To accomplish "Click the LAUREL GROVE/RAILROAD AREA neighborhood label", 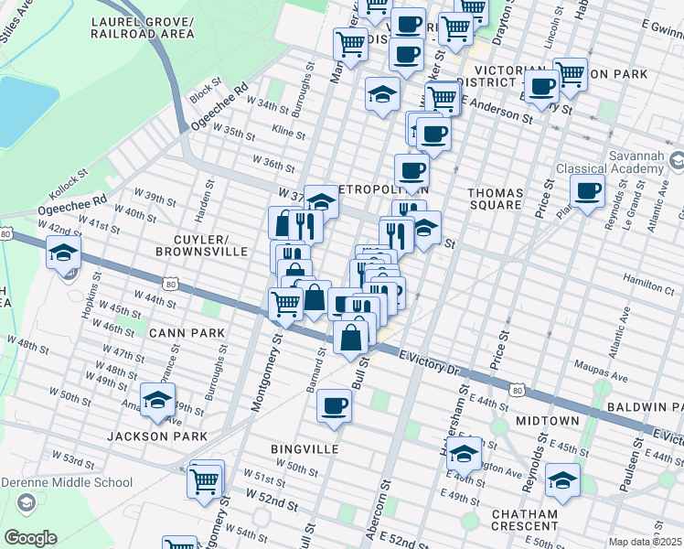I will point(143,27).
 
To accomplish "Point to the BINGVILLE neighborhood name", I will point(305,449).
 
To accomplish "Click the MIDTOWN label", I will point(547,420).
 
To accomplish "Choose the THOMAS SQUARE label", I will point(495,199).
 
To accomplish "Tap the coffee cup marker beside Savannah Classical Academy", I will point(588,191).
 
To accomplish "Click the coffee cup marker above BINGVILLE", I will point(334,405).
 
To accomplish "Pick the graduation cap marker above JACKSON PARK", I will point(158,402).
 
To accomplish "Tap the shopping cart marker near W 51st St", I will point(206,479).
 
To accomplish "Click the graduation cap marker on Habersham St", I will point(465,455).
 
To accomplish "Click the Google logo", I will point(30,538).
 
